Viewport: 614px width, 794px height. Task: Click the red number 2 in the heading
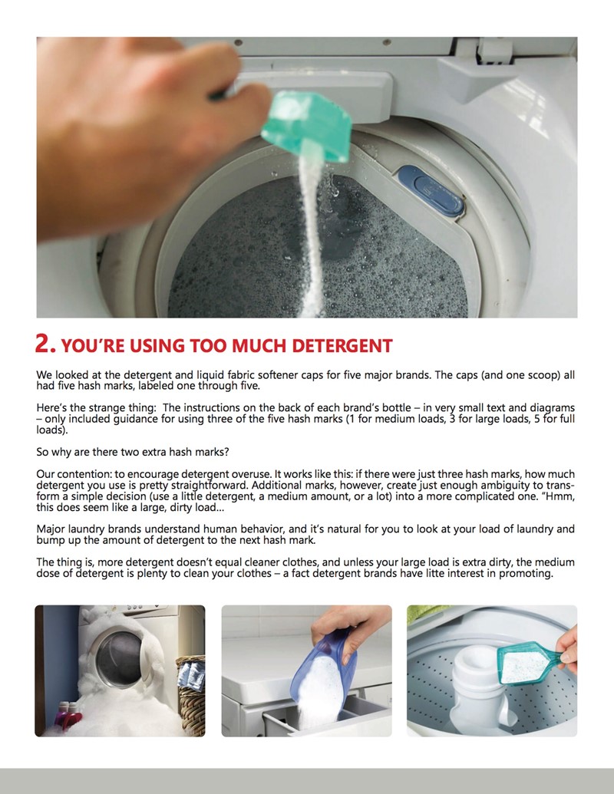click(45, 344)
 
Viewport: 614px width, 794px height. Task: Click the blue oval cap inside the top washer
click(431, 190)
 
